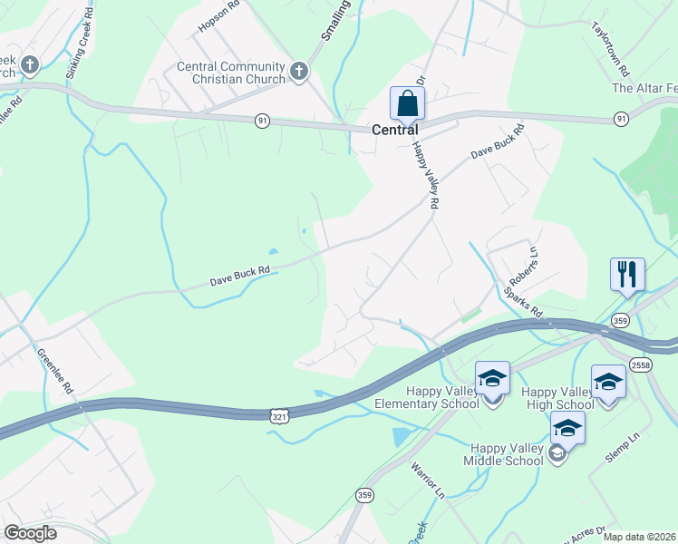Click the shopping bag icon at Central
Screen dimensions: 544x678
407,102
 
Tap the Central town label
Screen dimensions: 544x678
395,130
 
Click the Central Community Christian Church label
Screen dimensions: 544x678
231,73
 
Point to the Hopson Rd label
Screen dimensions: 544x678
218,15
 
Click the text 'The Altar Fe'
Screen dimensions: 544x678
644,88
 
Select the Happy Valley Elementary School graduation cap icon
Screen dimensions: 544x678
492,377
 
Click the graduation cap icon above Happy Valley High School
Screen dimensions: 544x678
608,381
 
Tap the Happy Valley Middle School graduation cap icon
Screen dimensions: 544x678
567,428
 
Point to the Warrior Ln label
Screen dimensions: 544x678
428,483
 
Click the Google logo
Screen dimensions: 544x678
30,533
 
